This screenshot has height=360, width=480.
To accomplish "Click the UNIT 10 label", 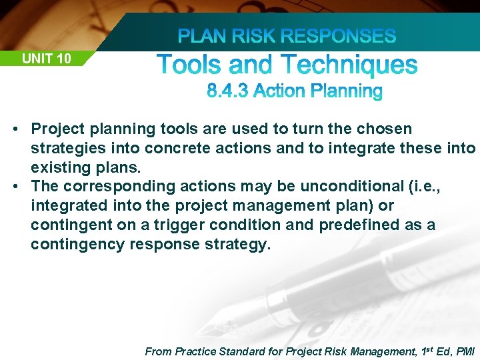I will [46, 59].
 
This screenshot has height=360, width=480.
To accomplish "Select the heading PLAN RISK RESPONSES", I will [287, 36].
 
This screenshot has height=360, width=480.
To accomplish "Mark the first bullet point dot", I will [21, 129].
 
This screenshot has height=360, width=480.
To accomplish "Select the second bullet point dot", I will [21, 187].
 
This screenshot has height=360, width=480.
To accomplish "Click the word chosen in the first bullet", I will [387, 129].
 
